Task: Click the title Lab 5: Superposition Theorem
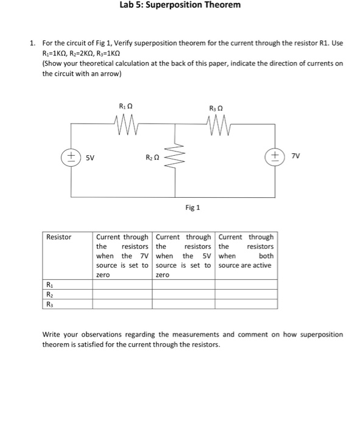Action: (x=180, y=5)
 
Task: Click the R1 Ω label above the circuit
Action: (x=126, y=107)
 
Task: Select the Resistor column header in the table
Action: (x=59, y=237)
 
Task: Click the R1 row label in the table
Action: (x=49, y=284)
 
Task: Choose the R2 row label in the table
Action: (x=49, y=294)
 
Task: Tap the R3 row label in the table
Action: (x=49, y=304)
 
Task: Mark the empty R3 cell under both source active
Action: (x=246, y=304)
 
